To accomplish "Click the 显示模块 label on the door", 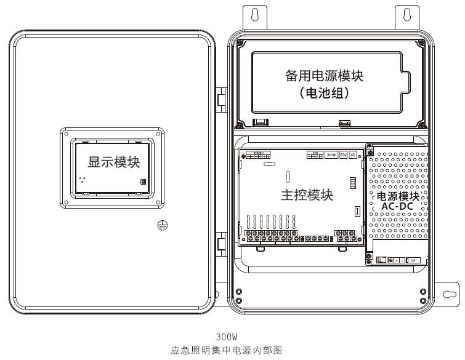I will point(114,162).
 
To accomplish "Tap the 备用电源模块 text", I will point(324,76).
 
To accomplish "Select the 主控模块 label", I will point(307,196).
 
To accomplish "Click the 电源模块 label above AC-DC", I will point(397,197).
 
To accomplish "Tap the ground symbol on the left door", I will point(161,225).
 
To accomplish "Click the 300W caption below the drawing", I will point(227,337).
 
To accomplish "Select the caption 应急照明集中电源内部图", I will point(226,350).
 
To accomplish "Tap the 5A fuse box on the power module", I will point(413,260).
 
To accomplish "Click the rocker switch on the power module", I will point(382,260).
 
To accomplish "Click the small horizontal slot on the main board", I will point(269,165).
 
